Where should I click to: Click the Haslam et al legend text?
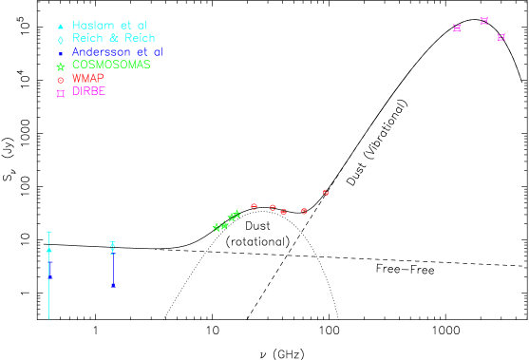[x=109, y=26]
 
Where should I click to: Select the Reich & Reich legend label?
[x=113, y=39]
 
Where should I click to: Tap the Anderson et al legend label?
[x=117, y=52]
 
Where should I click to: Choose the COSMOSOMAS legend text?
[x=111, y=66]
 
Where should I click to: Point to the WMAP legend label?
[x=87, y=79]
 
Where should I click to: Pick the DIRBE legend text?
[x=88, y=92]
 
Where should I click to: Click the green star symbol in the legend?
[x=61, y=66]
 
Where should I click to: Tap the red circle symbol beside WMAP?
[x=61, y=80]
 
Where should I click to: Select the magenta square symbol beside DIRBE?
[x=61, y=93]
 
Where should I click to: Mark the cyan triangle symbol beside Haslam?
[x=61, y=27]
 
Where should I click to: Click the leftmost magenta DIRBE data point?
[x=457, y=28]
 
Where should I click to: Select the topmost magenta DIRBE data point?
[x=483, y=21]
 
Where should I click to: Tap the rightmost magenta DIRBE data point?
[x=501, y=38]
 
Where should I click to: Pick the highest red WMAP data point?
[x=325, y=193]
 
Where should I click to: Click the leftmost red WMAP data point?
[x=254, y=206]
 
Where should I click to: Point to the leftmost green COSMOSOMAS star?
[x=217, y=227]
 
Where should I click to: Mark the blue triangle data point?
[x=113, y=285]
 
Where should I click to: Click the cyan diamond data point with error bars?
[x=113, y=247]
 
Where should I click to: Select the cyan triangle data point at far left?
[x=49, y=250]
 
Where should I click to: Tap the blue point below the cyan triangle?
[x=49, y=275]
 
